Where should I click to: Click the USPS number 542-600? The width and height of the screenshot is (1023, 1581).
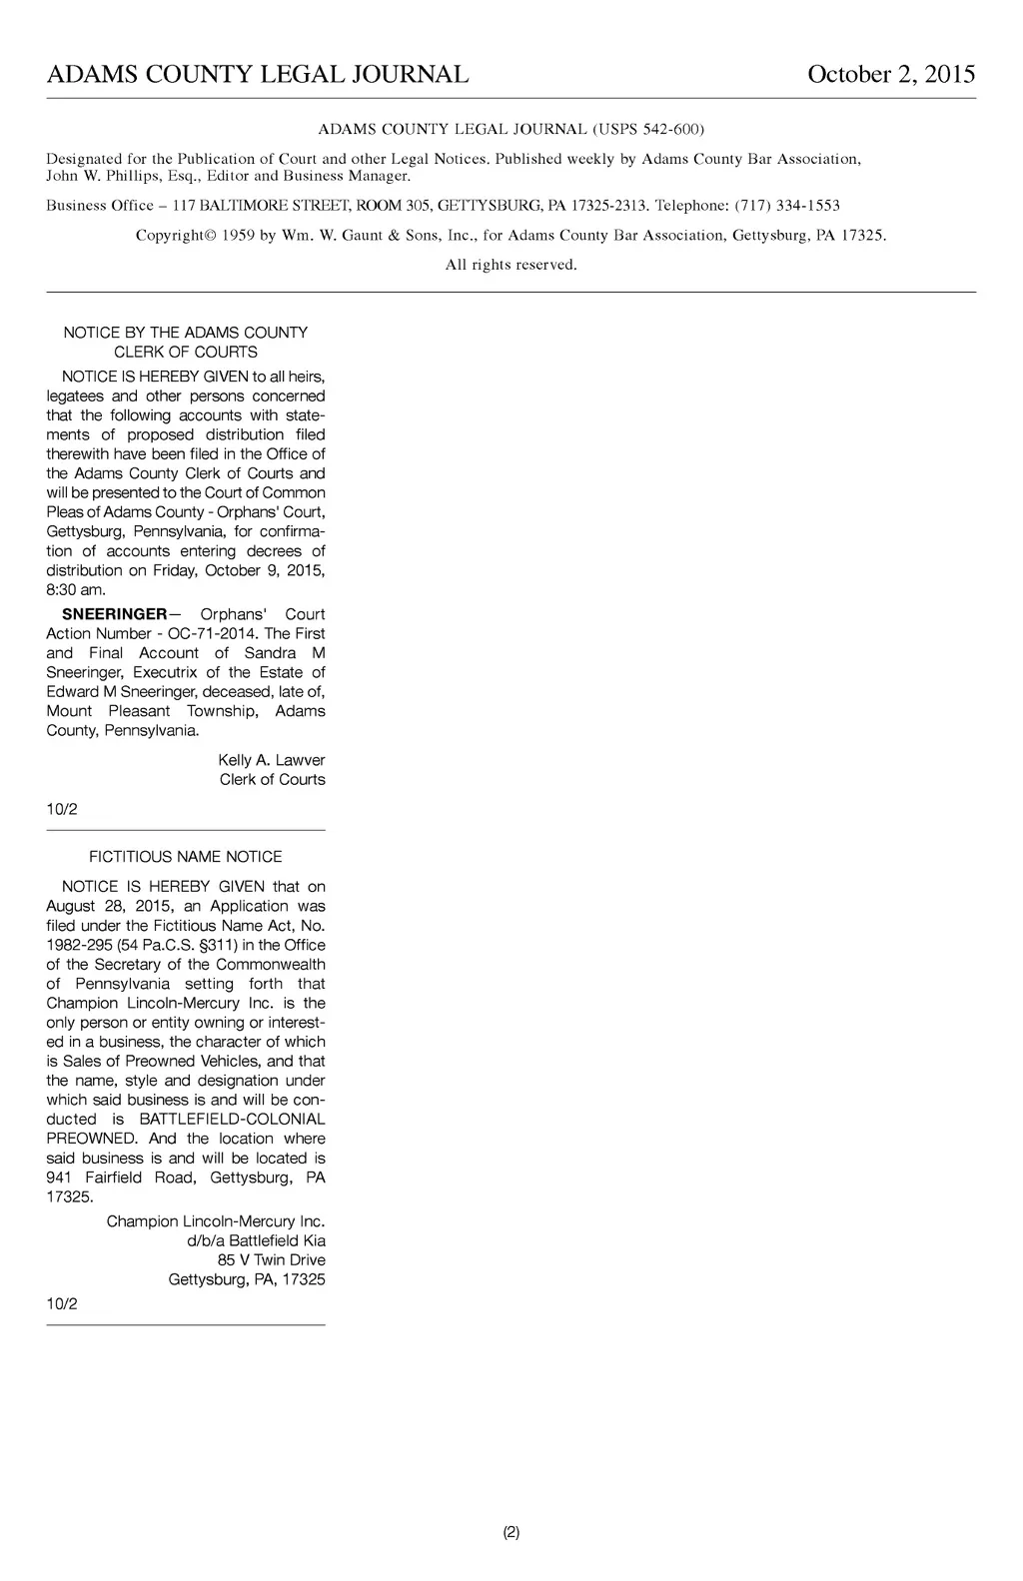coord(668,129)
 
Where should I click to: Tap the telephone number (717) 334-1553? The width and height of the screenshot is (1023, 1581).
coord(787,206)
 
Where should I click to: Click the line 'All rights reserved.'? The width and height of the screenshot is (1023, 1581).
coord(511,265)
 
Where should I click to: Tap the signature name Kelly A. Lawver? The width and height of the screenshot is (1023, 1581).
coord(271,760)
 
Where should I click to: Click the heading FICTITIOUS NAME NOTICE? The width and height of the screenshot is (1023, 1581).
coord(186,857)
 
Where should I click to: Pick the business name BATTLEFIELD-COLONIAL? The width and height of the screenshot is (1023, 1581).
coord(232,1120)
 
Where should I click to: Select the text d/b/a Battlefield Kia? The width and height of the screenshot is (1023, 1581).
coord(256,1240)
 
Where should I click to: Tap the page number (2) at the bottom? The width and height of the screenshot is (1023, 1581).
coord(511,1532)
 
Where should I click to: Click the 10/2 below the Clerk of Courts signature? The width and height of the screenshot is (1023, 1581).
coord(62,809)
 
